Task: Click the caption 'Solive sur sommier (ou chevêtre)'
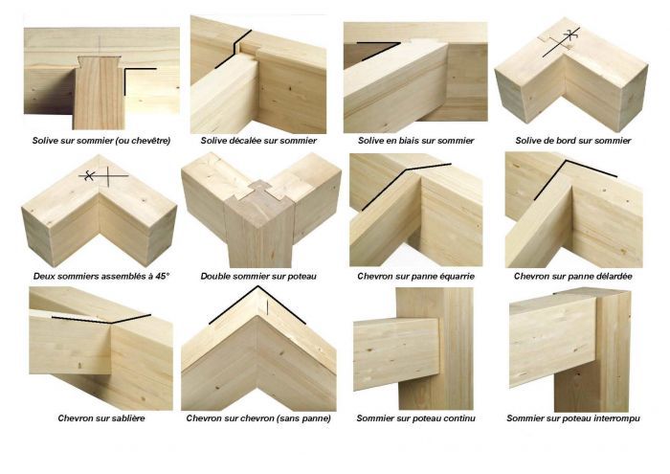tap(101, 141)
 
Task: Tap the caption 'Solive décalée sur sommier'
tap(258, 141)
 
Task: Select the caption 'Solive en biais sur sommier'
tap(415, 141)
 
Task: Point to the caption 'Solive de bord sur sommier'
tap(573, 141)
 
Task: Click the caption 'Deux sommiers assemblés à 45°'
tap(101, 276)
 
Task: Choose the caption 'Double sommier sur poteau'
tap(258, 277)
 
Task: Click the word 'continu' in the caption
tap(459, 418)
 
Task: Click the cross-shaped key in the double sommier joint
tap(259, 194)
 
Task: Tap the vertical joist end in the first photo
tap(100, 92)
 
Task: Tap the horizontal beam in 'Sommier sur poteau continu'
tap(396, 353)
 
